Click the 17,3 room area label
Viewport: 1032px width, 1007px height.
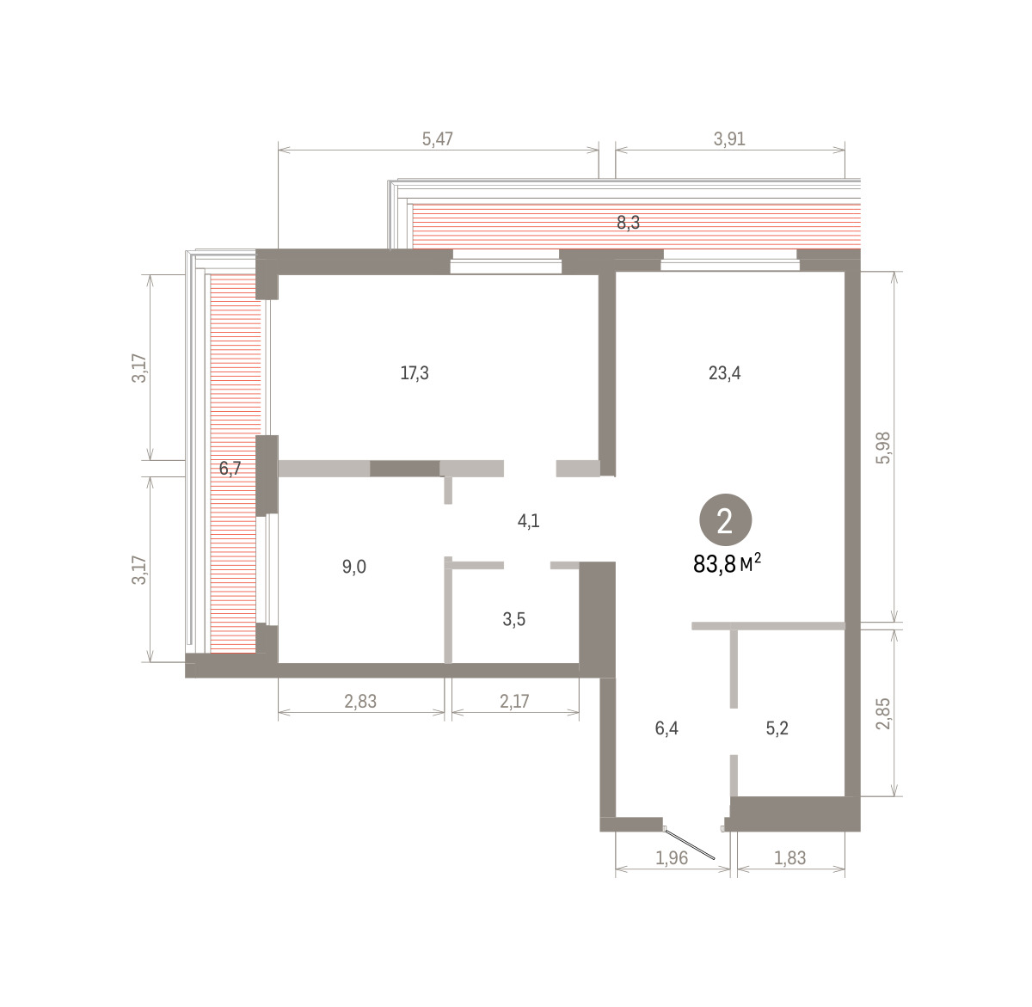415,373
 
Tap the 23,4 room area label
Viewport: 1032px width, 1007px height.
724,373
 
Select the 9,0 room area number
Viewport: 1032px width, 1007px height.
353,567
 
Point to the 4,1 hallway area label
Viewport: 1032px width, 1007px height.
528,521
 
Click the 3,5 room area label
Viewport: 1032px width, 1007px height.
514,619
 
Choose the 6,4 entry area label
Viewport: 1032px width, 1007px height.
666,728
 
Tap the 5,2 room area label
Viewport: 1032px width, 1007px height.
777,728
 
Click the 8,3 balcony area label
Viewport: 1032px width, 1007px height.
628,223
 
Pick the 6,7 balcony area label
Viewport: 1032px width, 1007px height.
230,468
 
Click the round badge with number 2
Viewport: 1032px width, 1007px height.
726,519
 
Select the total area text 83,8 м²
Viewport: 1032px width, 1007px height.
727,563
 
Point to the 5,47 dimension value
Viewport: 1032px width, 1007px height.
438,139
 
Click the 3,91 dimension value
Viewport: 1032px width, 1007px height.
729,139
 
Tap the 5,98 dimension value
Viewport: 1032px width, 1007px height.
883,449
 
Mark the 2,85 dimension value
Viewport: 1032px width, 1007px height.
883,713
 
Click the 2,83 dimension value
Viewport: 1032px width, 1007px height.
360,701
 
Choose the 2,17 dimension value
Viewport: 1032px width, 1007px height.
514,701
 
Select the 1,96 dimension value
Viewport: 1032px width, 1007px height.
672,857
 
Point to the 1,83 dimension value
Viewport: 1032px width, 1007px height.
789,857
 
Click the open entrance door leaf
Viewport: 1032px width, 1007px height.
690,844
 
